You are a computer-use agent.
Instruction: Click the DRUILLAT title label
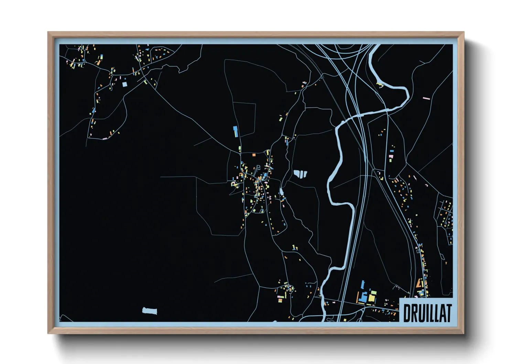coord(426,313)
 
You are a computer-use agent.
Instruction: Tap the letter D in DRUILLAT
coord(407,313)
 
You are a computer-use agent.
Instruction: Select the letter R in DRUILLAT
coord(414,313)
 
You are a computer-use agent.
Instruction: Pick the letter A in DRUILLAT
coord(441,313)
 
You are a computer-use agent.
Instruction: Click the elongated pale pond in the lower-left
coord(150,311)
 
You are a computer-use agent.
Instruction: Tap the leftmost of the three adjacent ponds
coord(296,173)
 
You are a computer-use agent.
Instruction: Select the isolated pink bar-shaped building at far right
coord(426,98)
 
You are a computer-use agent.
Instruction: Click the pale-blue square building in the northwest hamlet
coord(124,84)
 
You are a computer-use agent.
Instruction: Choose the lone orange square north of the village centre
coord(254,155)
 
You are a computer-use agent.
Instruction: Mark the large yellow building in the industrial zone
coord(372,298)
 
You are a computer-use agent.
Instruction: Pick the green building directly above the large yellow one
coord(373,292)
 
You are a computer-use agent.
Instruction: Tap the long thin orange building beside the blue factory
coord(358,297)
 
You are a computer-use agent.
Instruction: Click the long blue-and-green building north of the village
coord(236,131)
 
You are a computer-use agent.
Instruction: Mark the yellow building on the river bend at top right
coord(380,84)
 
